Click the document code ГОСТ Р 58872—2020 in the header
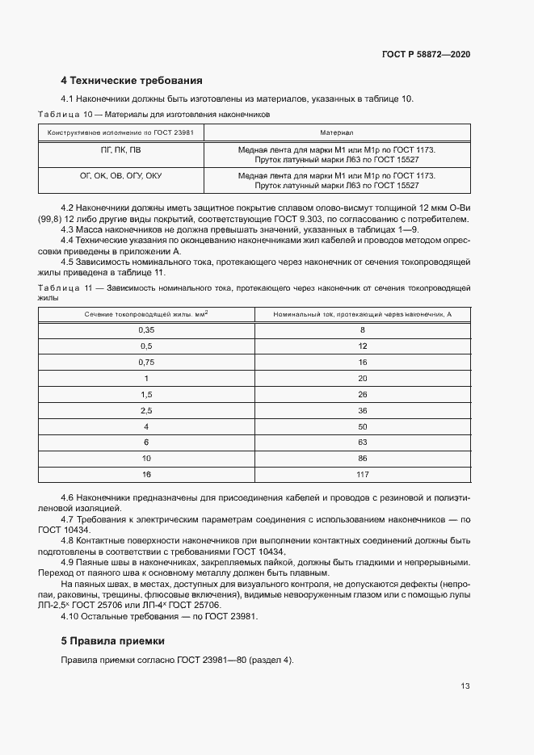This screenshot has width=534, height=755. coord(426,54)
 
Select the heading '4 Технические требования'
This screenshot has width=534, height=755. coord(131,81)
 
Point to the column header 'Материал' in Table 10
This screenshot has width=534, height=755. coord(337,132)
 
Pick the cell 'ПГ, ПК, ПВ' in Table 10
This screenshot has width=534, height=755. coord(120,150)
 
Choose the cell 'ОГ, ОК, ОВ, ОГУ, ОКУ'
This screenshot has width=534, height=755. coord(120,175)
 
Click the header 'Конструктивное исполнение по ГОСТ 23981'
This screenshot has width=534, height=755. coord(120,132)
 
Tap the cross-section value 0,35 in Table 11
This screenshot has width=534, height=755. coord(146,330)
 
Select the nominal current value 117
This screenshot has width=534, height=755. coord(362,473)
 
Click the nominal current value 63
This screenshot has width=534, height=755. coord(362,442)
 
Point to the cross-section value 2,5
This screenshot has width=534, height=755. coord(146,410)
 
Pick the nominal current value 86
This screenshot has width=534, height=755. coord(362,458)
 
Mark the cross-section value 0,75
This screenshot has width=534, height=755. coord(146,363)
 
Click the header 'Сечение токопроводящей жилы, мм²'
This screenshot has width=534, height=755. coord(146,313)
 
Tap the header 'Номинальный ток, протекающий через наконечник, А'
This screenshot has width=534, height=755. coord(362,313)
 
